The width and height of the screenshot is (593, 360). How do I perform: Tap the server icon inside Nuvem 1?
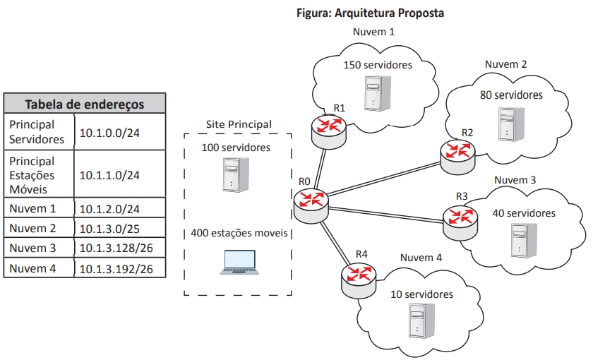click(373, 92)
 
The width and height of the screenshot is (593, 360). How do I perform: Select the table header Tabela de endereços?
click(85, 104)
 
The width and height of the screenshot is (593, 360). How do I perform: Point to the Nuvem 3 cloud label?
click(515, 181)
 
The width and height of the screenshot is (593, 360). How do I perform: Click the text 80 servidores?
click(512, 94)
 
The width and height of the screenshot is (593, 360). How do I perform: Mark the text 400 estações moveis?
click(239, 234)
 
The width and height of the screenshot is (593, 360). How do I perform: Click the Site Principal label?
click(239, 124)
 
